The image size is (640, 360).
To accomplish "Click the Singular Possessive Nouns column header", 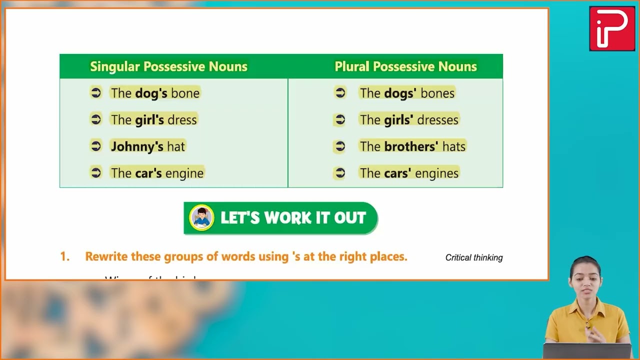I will tap(168, 66).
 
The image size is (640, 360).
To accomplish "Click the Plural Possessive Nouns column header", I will tap(405, 66).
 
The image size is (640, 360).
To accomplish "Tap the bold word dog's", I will tap(151, 93).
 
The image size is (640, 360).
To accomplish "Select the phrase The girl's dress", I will tap(154, 119).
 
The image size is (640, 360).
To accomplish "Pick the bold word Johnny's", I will tap(137, 146).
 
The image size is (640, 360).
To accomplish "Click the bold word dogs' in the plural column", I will tap(400, 93).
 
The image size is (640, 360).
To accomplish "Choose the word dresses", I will tap(437, 120).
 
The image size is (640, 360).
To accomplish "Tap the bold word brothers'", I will tap(411, 146).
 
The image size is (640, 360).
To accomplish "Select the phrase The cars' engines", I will tap(409, 173).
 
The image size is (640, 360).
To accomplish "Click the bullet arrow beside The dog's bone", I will tap(96, 92).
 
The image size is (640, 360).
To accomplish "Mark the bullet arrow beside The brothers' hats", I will tap(340, 146).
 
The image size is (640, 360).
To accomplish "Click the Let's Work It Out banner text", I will tap(293, 218).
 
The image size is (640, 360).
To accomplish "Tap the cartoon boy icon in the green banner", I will tap(201, 218).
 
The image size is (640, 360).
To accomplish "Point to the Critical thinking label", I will tap(474, 257).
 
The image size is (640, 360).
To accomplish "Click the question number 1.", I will tap(64, 256).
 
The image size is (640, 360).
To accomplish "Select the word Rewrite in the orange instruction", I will tap(106, 256).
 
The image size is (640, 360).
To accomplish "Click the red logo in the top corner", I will tap(612, 28).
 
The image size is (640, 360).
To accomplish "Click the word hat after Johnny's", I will tap(176, 146).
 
